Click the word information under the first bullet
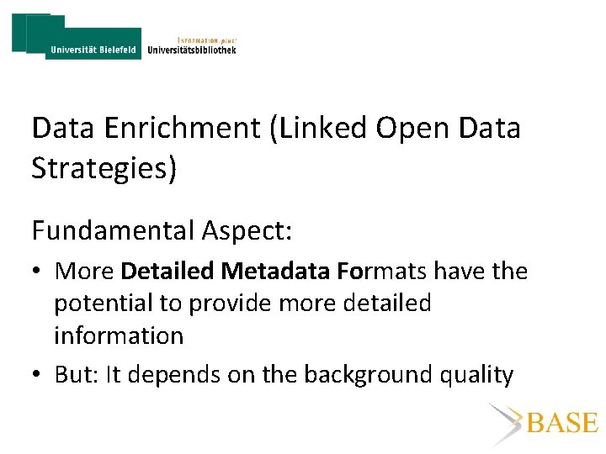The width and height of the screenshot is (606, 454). coord(119,335)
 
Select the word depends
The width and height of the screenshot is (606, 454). coord(179,374)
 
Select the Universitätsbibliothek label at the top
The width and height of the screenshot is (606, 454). coord(191,50)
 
